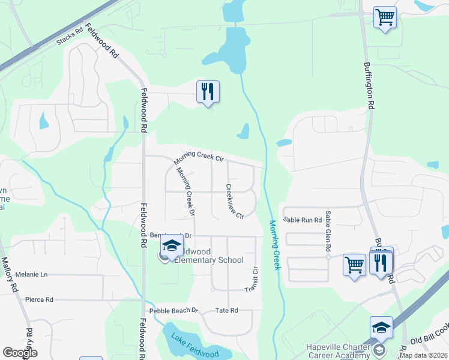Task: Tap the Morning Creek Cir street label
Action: click(199, 157)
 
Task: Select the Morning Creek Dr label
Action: click(185, 191)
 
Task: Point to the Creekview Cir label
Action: click(235, 201)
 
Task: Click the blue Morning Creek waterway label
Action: click(274, 244)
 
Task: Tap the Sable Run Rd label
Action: click(303, 220)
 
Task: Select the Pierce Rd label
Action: click(39, 299)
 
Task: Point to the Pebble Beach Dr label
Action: click(173, 310)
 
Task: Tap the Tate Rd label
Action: click(227, 310)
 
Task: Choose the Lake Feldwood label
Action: click(194, 346)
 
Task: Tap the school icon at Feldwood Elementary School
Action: click(172, 247)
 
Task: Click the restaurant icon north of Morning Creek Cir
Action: click(208, 92)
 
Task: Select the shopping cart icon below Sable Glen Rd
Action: click(354, 264)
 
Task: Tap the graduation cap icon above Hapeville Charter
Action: click(381, 328)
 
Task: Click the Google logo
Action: click(20, 353)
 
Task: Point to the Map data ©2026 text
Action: click(423, 355)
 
